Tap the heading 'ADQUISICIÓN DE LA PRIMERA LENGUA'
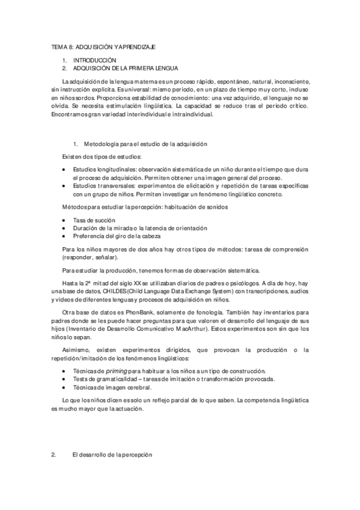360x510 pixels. tap(126, 69)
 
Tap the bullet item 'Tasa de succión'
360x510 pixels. tap(93, 220)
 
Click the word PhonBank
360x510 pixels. tap(125, 312)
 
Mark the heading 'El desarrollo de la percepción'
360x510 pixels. tap(112, 455)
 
